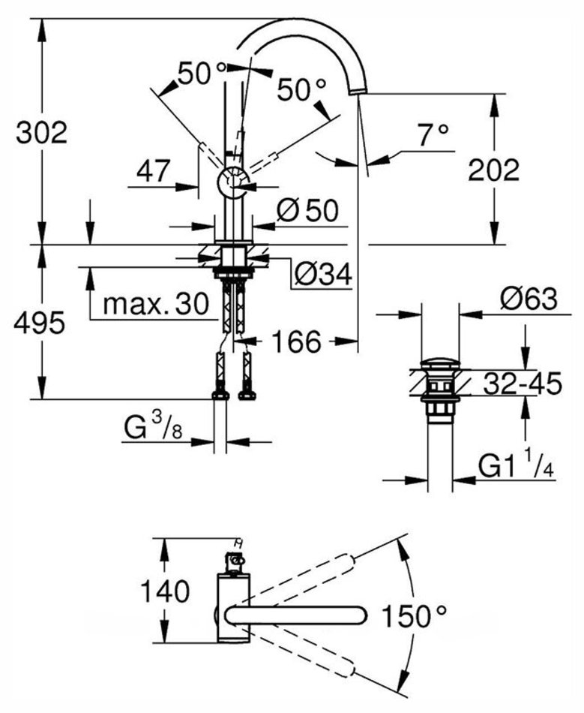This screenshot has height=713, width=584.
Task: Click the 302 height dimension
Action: click(x=42, y=133)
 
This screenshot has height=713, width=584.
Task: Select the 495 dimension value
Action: click(x=42, y=323)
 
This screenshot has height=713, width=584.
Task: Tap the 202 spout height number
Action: click(x=493, y=170)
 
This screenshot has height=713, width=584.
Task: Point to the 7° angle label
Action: click(x=433, y=135)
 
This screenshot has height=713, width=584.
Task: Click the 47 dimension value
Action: click(x=154, y=172)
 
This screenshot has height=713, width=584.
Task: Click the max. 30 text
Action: click(x=154, y=303)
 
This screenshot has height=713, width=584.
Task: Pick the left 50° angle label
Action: click(x=202, y=74)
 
